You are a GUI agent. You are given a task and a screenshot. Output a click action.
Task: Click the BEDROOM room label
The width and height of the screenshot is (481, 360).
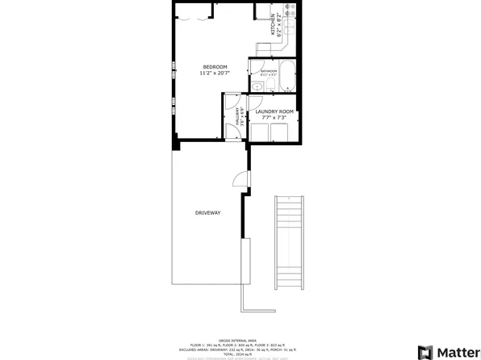tap(215, 66)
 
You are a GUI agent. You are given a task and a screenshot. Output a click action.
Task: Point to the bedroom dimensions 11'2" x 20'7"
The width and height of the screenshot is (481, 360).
tap(215, 73)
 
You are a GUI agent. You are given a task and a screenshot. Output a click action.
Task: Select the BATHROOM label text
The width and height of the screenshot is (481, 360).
tap(268, 71)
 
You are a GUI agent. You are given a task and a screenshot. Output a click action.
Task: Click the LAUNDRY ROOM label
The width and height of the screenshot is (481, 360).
tap(274, 111)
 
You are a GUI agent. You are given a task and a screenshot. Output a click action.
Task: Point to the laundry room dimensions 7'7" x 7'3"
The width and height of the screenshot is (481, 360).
tap(274, 118)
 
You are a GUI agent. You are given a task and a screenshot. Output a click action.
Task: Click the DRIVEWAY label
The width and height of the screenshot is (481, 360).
tap(207, 212)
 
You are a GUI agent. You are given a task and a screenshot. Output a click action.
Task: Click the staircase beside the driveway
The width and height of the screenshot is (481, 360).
tap(288, 243)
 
